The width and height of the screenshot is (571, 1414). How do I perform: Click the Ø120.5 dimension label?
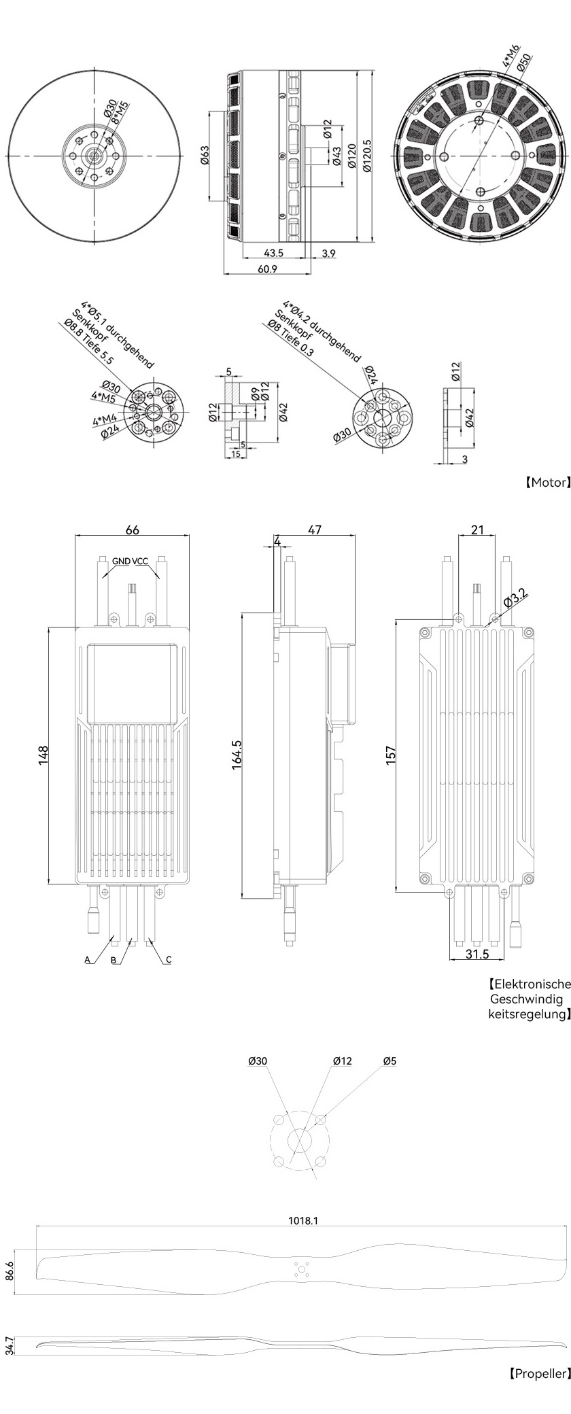coord(368,156)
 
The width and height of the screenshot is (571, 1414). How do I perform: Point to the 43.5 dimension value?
coord(273,253)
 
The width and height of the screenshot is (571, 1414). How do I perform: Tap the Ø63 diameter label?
coord(205,156)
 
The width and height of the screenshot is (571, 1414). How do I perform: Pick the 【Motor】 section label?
coord(546,482)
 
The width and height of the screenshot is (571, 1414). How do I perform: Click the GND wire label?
coord(122,561)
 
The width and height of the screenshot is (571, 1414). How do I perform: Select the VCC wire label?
coord(140,561)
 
